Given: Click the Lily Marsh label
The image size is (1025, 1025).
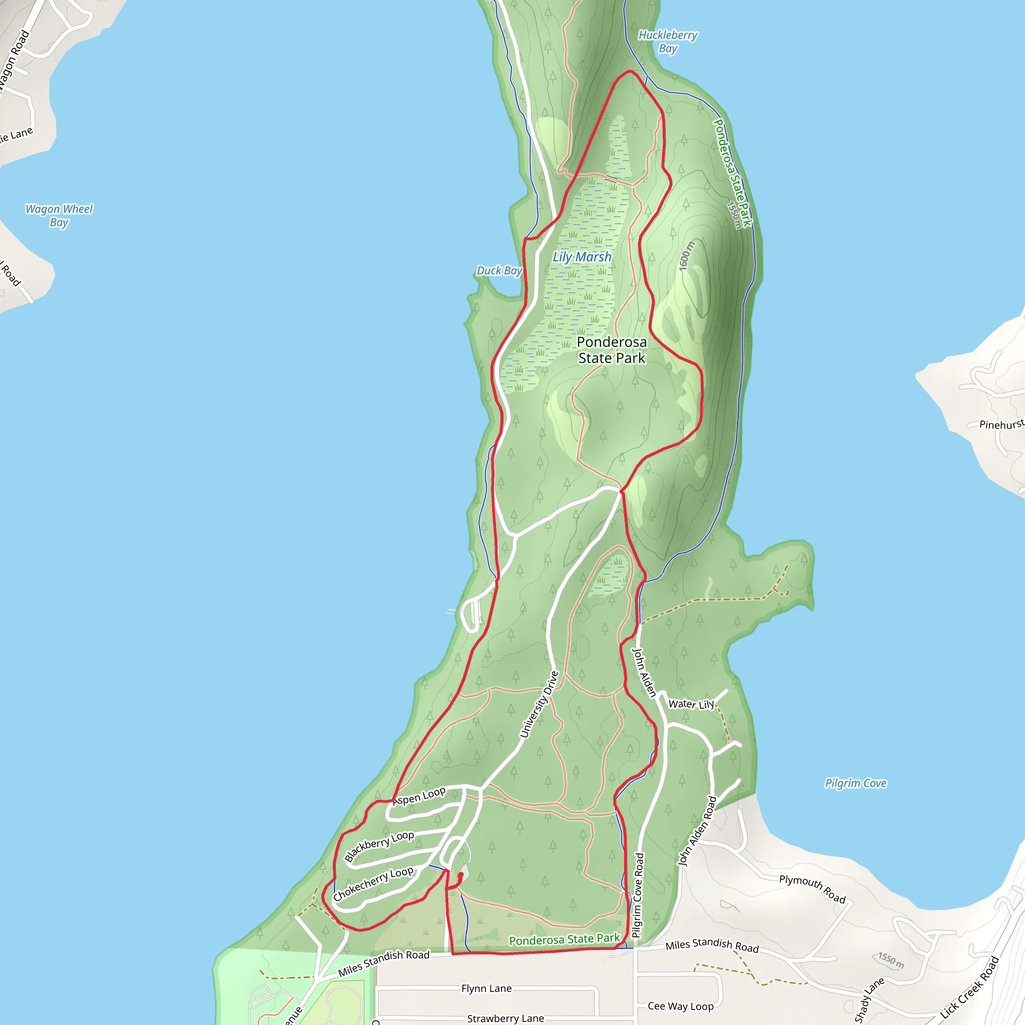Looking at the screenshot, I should coord(582,257).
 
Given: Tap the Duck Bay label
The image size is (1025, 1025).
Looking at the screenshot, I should coord(498,271).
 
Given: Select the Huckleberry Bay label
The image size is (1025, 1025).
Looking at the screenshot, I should coord(668,42).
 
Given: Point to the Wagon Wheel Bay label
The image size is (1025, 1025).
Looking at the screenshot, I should coord(59,215).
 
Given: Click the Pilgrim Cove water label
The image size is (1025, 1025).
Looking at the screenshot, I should coord(855,783).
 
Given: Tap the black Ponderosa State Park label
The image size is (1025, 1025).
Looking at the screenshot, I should coord(612,350).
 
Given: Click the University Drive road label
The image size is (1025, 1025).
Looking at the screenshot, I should coord(539,705).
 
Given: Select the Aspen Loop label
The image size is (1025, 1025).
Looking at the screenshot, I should coord(419,796).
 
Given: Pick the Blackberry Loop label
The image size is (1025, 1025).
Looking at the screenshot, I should coord(379,846).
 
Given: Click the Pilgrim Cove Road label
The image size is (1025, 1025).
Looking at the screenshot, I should coord(638,895).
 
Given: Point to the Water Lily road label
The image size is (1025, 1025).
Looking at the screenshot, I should coord(691,704).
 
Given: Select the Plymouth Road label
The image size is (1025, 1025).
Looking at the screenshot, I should coord(812,889).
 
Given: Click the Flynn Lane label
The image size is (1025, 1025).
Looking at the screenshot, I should coord(486,988).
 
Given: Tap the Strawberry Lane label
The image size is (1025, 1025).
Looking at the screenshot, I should coord(505,1018).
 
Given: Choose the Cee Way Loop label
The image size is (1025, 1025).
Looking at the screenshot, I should coord(680,1006).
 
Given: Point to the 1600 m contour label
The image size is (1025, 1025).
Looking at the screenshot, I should coord(687,256).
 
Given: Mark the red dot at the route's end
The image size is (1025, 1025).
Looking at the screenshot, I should coord(460,875).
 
